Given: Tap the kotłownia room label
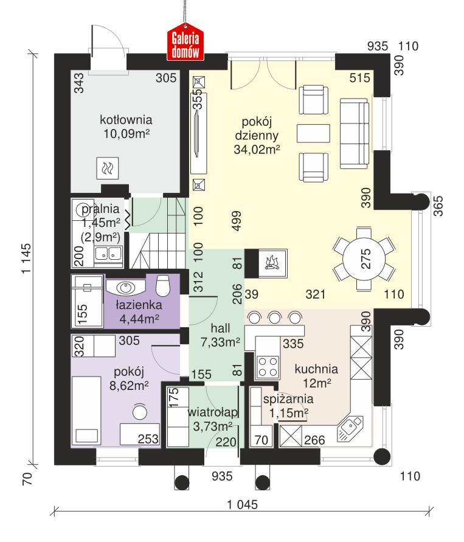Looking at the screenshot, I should pos(126,119).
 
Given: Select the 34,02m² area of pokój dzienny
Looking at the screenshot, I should pos(256,149).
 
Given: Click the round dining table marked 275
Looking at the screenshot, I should pos(363,260).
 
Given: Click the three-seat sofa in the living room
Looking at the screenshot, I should pos(354,133).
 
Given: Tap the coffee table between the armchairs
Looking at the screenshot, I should pos(313,133).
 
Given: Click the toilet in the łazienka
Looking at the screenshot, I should pos(162,285).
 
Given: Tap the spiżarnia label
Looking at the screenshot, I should pos(288,400).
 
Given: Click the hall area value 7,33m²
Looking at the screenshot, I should pos(220,342).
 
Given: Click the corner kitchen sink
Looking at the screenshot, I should pos(350,428).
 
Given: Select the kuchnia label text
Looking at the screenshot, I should pos(316,369).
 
